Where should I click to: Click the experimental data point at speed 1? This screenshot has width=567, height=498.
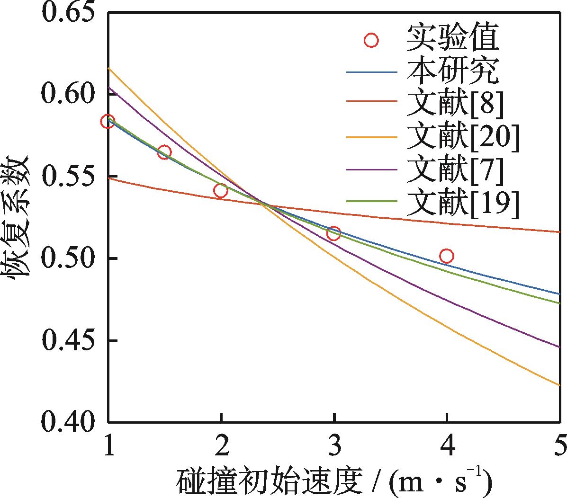[108, 121]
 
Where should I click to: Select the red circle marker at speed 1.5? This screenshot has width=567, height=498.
[164, 152]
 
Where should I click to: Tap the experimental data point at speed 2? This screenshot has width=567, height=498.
[221, 191]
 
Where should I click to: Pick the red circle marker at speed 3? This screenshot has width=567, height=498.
[334, 233]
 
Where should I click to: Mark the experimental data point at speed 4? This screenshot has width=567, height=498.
[446, 256]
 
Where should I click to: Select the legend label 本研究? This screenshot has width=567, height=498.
[452, 72]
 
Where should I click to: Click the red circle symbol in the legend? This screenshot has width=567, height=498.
[371, 40]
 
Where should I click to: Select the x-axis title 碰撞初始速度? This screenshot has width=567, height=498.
[270, 482]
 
